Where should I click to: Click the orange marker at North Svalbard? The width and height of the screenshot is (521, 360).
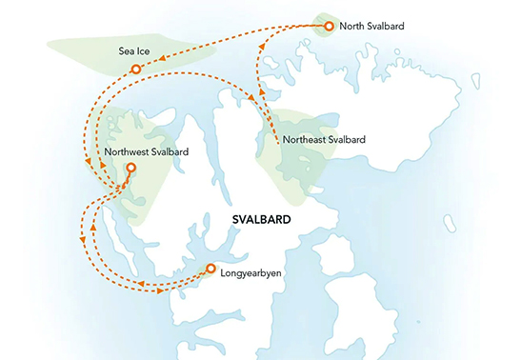pyautogui.click(x=329, y=26)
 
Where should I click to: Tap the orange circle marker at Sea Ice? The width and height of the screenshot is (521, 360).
pyautogui.click(x=136, y=69)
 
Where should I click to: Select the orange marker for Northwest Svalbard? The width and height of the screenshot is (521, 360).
pyautogui.click(x=130, y=168)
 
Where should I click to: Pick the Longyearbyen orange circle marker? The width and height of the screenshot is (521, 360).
pyautogui.click(x=210, y=269)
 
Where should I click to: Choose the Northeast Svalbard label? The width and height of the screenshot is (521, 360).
pyautogui.click(x=325, y=142)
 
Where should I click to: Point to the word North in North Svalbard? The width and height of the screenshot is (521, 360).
pyautogui.click(x=353, y=26)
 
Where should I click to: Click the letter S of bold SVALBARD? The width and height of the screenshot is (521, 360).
pyautogui.click(x=237, y=219)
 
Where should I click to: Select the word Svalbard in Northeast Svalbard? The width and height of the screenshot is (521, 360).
pyautogui.click(x=348, y=142)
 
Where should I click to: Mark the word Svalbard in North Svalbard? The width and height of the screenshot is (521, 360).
pyautogui.click(x=387, y=26)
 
